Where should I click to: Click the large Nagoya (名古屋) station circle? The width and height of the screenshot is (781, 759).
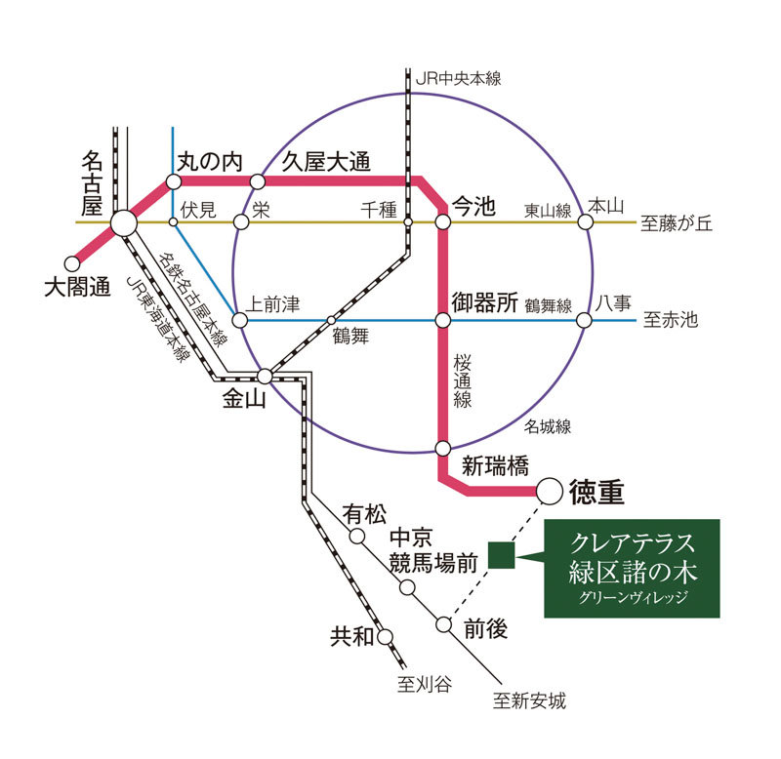(x=124, y=223)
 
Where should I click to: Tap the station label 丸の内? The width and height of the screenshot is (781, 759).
(x=209, y=159)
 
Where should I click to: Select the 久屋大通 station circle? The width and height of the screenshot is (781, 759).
(x=258, y=181)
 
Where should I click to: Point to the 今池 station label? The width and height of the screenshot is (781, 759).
(x=473, y=207)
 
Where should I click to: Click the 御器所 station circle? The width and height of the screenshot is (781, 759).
(x=442, y=320)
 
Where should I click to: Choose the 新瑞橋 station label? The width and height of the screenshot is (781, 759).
(x=494, y=466)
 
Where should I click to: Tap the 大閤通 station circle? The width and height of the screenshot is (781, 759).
(x=72, y=263)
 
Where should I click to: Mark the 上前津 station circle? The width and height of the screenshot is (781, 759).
(x=238, y=320)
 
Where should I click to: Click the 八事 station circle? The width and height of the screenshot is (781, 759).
(x=585, y=320)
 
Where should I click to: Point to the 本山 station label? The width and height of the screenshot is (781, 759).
(x=605, y=205)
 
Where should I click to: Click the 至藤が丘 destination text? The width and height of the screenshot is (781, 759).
(x=677, y=223)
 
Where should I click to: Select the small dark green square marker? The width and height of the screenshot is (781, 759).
(x=502, y=555)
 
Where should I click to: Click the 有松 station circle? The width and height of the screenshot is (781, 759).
(x=357, y=536)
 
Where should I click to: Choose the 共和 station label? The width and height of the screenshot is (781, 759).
(x=351, y=637)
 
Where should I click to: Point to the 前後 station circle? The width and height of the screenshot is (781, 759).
(x=445, y=624)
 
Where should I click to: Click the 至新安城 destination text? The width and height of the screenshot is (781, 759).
(x=529, y=700)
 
